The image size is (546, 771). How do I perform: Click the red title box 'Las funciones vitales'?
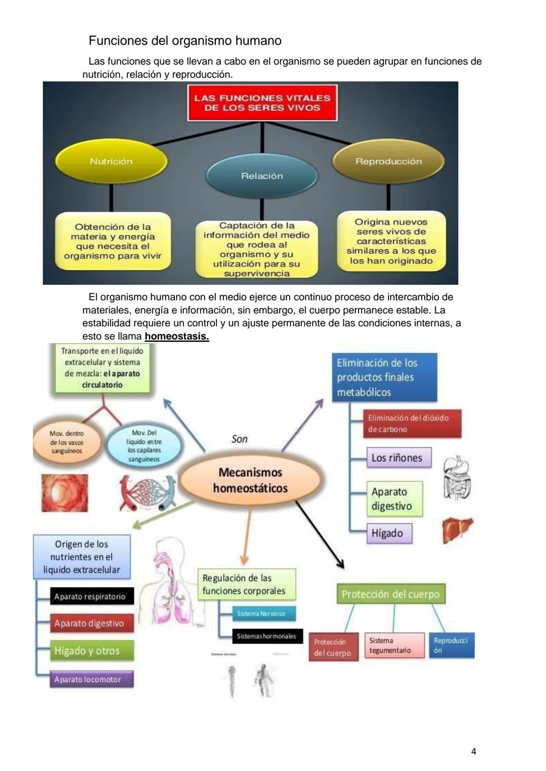(x=262, y=103)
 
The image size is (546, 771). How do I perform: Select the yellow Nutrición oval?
(x=111, y=161)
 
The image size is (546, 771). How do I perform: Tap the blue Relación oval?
(x=262, y=176)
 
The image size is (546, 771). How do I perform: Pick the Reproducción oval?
(x=388, y=161)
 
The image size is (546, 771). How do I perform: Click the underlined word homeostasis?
(x=176, y=336)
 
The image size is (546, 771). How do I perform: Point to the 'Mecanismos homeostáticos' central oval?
(x=250, y=480)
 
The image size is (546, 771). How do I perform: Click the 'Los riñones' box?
(x=398, y=458)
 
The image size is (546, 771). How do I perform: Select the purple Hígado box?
(x=388, y=533)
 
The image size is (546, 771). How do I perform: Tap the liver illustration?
(x=457, y=529)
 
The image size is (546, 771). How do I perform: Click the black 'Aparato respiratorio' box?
(x=91, y=597)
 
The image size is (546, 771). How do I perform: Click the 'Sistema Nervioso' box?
(x=263, y=614)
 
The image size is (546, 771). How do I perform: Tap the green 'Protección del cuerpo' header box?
(x=390, y=594)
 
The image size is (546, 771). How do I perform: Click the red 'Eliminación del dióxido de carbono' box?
(x=411, y=424)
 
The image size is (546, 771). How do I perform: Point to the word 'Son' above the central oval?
(x=240, y=439)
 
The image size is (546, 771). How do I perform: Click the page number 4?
(x=473, y=752)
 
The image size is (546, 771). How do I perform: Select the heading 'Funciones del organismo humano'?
(x=185, y=40)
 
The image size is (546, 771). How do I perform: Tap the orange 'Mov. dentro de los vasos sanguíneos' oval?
(x=67, y=442)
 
